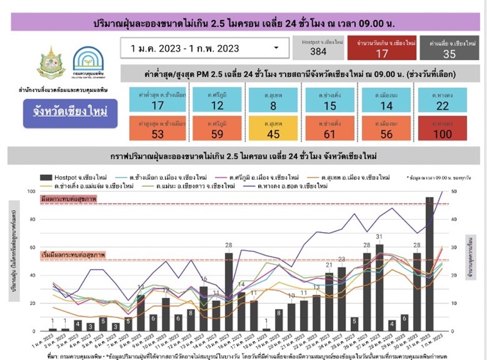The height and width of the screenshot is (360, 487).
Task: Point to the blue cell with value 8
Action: click(273, 101)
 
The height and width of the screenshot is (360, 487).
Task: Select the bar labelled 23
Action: click(342, 299)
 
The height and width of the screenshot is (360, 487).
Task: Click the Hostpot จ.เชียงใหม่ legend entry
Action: click(79, 177)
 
